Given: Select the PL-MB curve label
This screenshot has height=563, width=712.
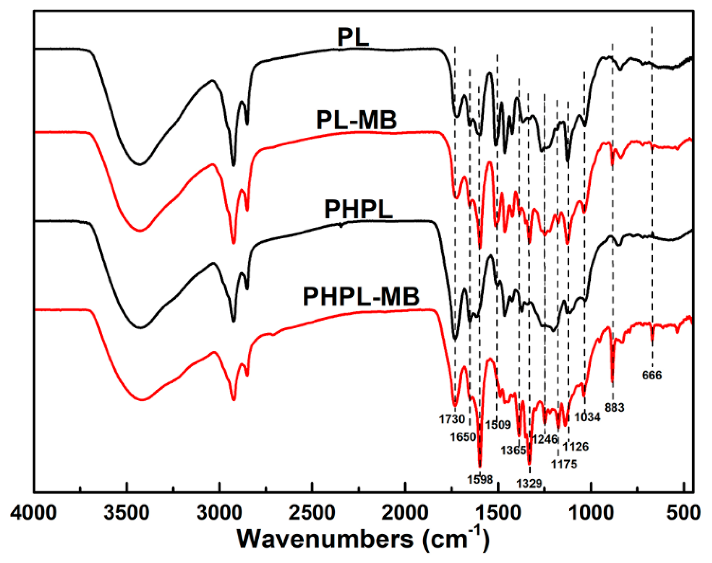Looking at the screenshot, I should pos(356,120).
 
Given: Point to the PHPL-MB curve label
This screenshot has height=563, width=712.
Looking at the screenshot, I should pos(361,297).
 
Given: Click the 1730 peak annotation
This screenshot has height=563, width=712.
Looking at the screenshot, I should pos(451,419).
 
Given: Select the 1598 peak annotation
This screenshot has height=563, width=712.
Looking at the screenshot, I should pos(480,480).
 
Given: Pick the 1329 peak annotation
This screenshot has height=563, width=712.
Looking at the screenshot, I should pos(529,483).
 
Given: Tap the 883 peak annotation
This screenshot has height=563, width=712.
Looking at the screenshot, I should pos(614,407).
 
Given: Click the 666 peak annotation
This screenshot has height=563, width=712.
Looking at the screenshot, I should pos(652,375).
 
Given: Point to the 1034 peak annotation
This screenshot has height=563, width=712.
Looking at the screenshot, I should pos(587,417).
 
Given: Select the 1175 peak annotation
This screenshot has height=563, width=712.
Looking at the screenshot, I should pos(564,464).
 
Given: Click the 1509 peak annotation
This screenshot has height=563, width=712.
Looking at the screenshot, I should pos(498,425).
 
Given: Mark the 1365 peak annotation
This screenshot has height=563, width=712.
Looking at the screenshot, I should pos(513,450).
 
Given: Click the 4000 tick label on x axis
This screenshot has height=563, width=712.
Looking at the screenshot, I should pos(33,513).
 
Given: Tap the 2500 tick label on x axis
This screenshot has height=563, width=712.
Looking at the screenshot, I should pos(312,513).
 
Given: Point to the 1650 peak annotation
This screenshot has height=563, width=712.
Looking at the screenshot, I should pos(463,437).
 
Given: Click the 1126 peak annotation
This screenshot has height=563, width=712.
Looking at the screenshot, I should pos(575,446).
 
